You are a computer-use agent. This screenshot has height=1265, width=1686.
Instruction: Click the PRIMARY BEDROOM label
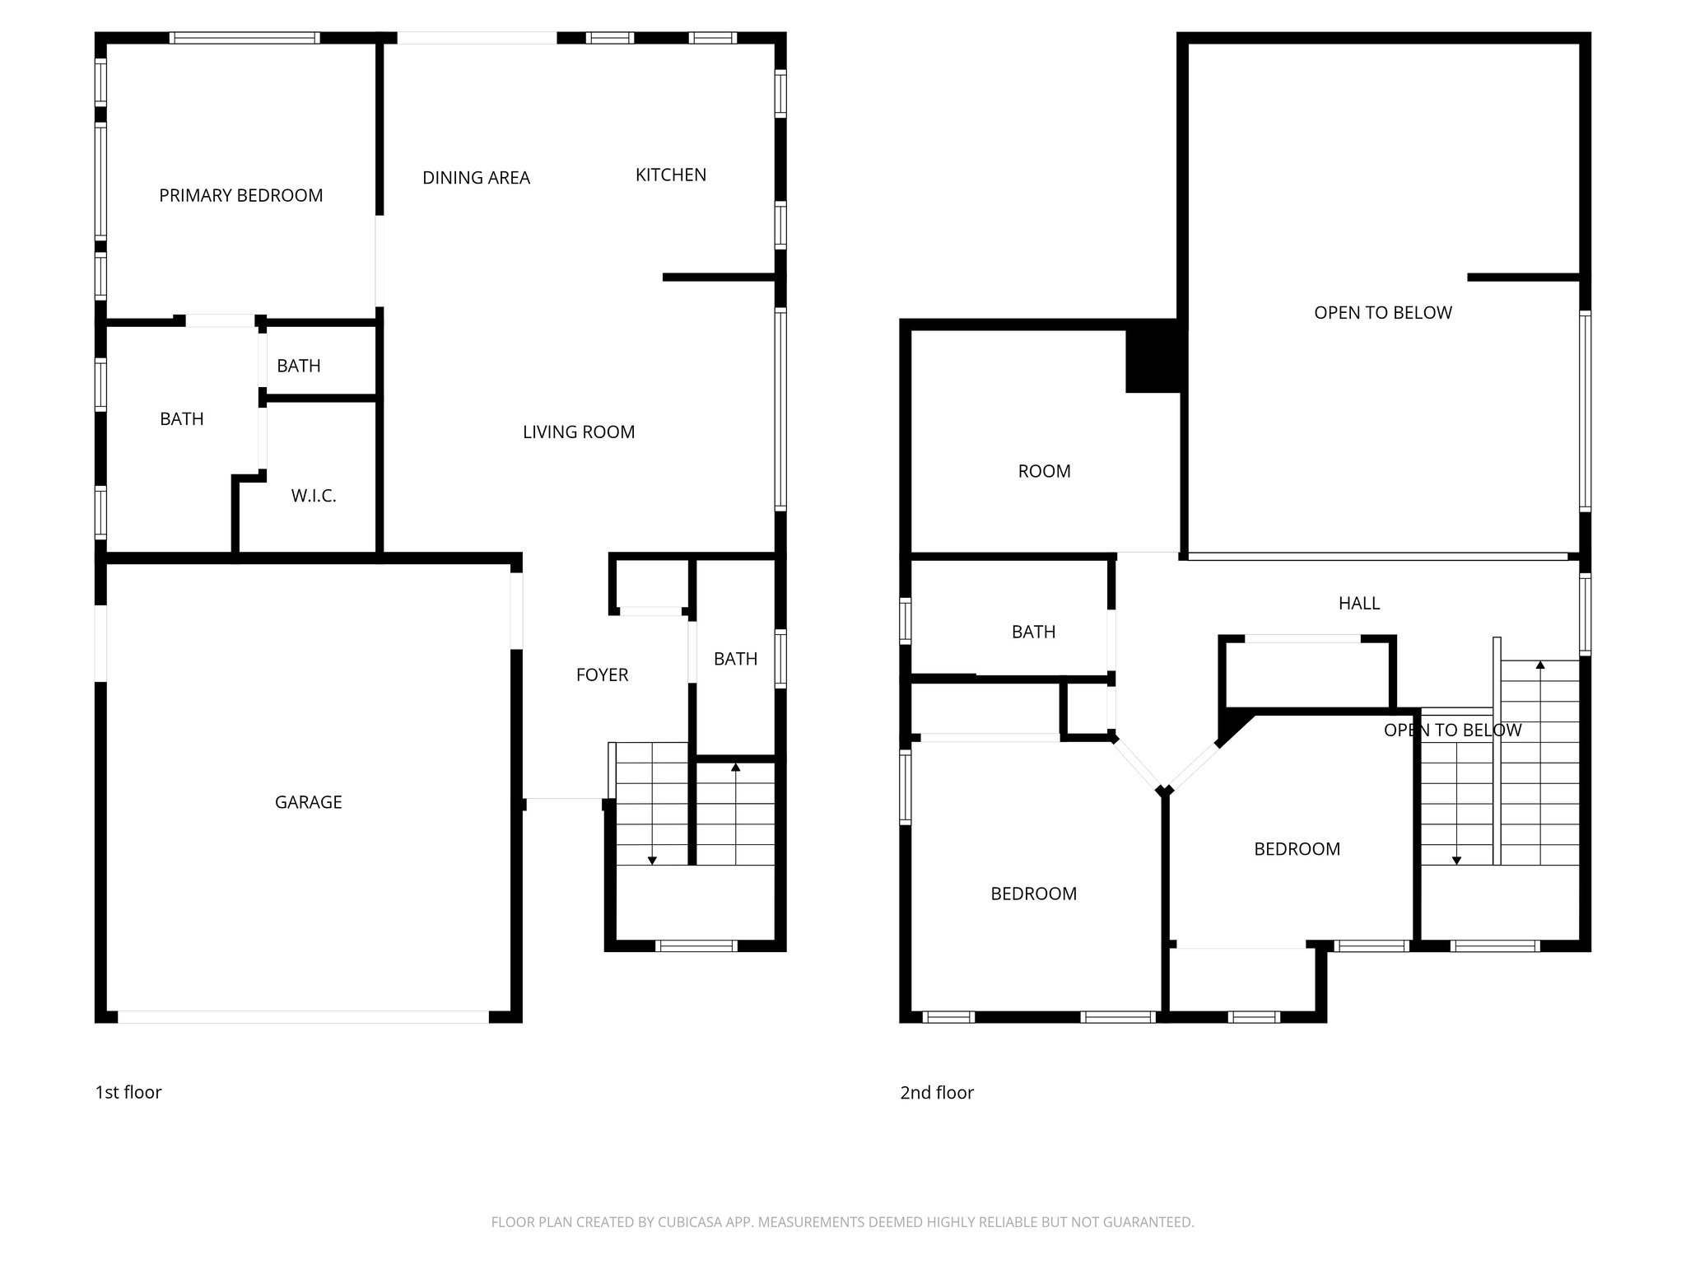(240, 195)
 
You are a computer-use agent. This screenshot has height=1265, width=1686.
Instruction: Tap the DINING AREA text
(476, 178)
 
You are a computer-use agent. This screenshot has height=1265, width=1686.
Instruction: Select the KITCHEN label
(670, 175)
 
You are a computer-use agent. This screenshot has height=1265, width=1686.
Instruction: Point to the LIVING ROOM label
(579, 432)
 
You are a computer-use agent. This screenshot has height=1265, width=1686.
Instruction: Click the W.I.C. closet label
(313, 496)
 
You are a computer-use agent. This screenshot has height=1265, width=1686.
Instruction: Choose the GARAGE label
(308, 802)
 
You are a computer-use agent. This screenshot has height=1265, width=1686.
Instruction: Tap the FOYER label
(602, 675)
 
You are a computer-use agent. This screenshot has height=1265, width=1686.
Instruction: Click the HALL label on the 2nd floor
(1358, 604)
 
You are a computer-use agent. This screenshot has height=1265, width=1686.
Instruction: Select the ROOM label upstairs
(1044, 471)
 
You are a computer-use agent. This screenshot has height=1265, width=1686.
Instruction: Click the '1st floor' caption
(128, 1092)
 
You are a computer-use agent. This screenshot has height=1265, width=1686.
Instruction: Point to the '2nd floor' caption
(936, 1093)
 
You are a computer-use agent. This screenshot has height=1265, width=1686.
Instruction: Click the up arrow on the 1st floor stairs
(735, 768)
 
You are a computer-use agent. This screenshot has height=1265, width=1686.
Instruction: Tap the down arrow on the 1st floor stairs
(652, 860)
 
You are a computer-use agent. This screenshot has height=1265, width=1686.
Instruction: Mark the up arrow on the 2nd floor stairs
(1539, 665)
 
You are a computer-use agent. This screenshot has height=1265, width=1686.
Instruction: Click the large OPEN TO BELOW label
(1382, 313)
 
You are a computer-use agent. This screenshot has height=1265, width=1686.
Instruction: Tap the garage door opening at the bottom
(303, 1017)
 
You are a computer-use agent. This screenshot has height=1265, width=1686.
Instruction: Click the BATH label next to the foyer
(735, 659)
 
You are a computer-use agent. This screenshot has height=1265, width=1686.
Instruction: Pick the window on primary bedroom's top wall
(245, 38)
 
